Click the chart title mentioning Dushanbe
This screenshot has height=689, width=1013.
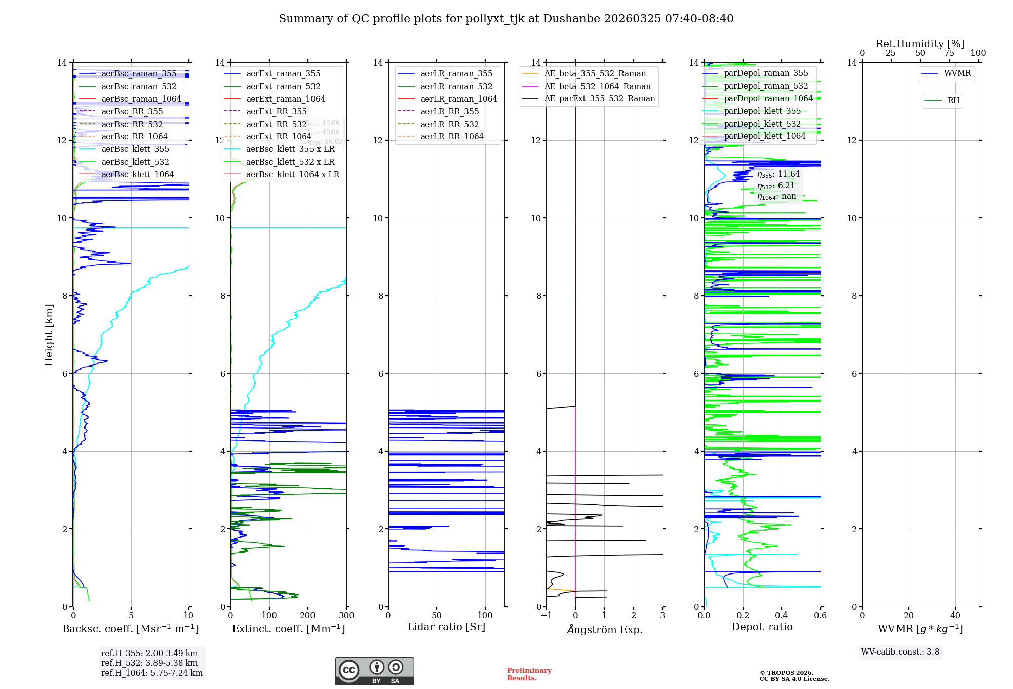(506, 19)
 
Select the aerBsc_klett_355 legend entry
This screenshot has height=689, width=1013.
(135, 149)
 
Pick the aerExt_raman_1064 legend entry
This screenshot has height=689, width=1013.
(285, 99)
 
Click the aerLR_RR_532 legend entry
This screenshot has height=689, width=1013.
(449, 125)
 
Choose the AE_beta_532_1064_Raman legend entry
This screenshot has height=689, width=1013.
(597, 87)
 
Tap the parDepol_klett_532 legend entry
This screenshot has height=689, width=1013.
(762, 124)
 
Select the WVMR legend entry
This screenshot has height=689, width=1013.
(957, 74)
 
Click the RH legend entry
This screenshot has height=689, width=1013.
(953, 101)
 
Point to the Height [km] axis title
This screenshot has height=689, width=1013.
(49, 335)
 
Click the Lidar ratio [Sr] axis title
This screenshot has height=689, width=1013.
(446, 627)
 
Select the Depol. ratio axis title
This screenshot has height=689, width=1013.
(762, 627)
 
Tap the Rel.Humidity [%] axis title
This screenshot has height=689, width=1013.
(920, 44)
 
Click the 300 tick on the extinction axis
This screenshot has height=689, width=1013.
(347, 616)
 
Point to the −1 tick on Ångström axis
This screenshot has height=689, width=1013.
(546, 616)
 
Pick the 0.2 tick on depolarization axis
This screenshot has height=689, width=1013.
(743, 616)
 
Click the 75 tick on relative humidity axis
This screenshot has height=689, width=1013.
(949, 53)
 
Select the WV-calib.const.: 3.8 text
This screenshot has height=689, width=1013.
(900, 652)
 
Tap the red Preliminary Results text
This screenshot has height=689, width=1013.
(529, 674)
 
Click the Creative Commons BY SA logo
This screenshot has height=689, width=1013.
(374, 671)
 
